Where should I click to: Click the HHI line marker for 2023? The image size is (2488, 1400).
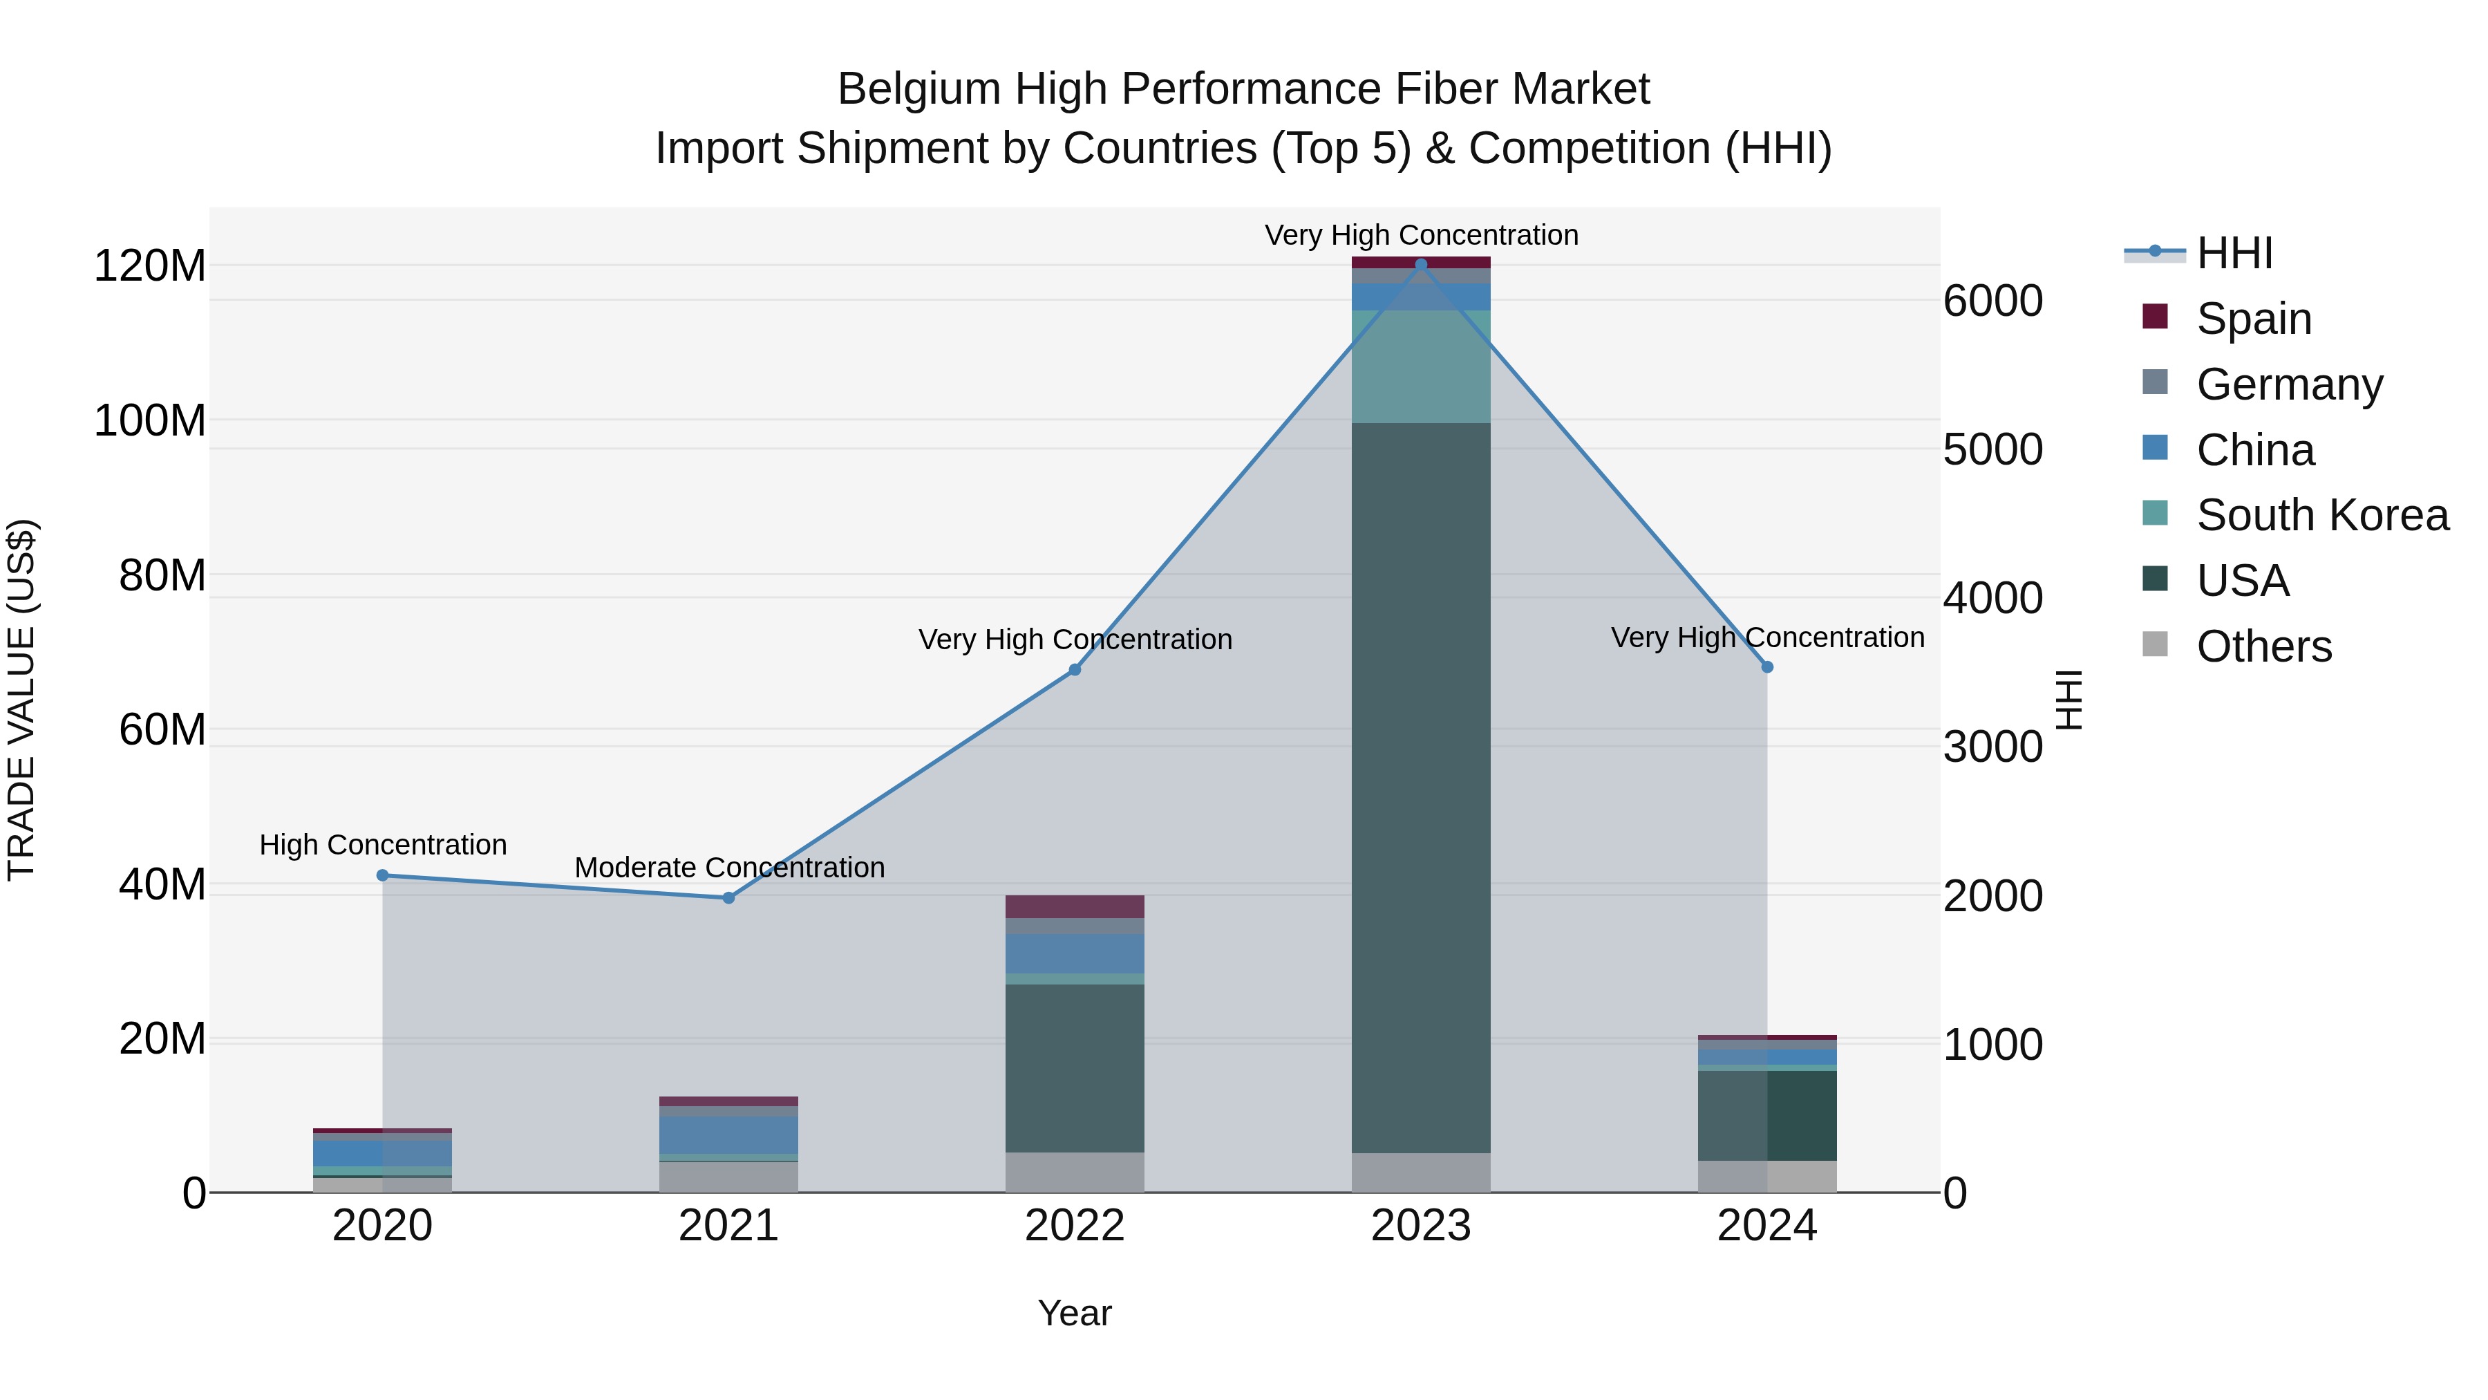(x=1421, y=265)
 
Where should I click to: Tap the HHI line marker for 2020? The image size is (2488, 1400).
(x=382, y=875)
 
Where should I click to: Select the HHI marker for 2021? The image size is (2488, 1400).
(x=729, y=897)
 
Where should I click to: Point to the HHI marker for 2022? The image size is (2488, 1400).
(x=1075, y=669)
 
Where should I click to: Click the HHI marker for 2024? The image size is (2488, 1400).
(x=1767, y=666)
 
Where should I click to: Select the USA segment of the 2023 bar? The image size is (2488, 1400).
(x=1421, y=787)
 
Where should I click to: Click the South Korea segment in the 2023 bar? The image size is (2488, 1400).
(x=1421, y=366)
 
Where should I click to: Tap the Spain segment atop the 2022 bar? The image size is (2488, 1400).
(x=1075, y=906)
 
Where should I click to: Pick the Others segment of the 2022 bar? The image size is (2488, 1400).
(x=1075, y=1172)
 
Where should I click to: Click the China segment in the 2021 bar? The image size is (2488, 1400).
(x=729, y=1135)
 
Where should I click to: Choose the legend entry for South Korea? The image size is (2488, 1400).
(x=2322, y=515)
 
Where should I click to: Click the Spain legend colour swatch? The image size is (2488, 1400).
(x=2155, y=317)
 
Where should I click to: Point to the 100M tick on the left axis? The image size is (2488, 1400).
(x=150, y=420)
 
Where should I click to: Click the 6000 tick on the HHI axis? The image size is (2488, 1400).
(x=1992, y=301)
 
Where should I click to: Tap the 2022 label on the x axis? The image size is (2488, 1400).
(x=1075, y=1226)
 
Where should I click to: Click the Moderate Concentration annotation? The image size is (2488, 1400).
(x=729, y=868)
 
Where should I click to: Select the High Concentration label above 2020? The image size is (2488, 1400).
(x=382, y=844)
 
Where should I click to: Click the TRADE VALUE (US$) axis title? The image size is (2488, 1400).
(x=21, y=700)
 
